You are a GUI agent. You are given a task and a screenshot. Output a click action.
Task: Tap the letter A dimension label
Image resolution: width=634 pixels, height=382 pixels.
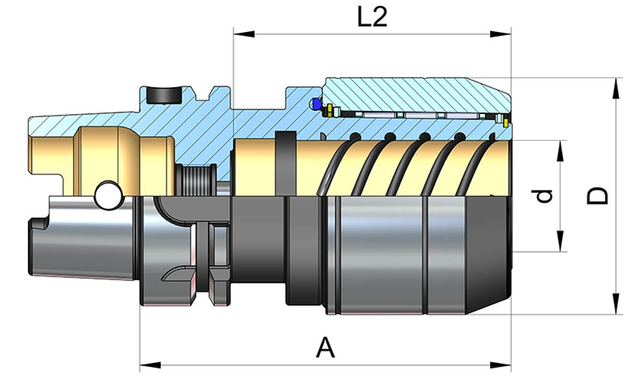[325, 347]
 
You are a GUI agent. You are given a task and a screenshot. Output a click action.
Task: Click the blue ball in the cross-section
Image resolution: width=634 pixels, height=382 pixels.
[317, 104]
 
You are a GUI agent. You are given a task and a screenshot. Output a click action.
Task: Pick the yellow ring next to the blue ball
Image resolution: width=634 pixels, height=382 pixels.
[330, 109]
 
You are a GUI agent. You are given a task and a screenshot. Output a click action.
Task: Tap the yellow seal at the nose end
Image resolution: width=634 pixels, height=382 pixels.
[506, 121]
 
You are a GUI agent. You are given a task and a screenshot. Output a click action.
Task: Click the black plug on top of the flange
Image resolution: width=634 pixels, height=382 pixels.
[162, 95]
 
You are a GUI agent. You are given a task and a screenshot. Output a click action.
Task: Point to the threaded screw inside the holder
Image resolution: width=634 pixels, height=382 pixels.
[195, 180]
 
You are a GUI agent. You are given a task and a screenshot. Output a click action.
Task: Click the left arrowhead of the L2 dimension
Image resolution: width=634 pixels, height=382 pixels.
[239, 33]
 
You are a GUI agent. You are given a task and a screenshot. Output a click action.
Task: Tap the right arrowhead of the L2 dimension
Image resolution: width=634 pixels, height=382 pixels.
[506, 33]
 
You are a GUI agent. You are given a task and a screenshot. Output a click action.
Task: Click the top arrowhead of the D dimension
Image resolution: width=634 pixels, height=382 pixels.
[616, 83]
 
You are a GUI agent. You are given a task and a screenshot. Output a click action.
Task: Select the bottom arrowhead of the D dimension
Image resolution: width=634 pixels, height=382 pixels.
[616, 308]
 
